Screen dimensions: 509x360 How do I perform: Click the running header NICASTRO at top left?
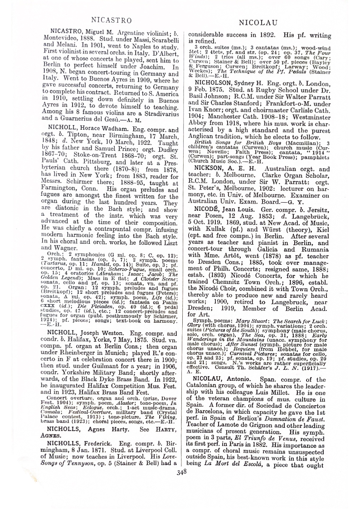pos(111,20)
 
